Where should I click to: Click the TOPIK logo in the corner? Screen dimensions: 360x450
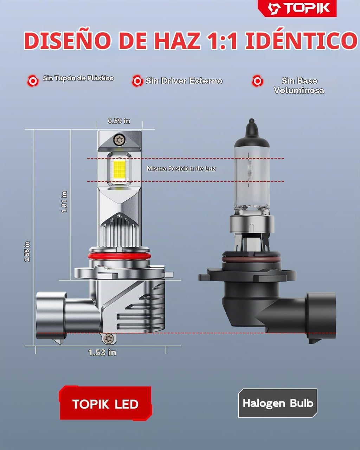(x=297, y=8)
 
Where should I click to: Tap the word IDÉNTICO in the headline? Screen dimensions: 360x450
(x=301, y=40)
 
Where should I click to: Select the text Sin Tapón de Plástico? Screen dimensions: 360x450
(x=78, y=78)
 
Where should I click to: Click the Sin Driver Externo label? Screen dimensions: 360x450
(x=184, y=81)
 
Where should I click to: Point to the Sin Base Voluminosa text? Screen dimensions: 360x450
(x=299, y=85)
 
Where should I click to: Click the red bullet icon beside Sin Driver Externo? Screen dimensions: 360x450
(x=137, y=81)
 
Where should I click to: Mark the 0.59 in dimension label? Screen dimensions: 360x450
(x=119, y=121)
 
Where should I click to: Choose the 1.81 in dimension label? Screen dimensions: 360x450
(x=64, y=202)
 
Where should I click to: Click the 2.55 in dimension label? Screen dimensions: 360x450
(x=27, y=251)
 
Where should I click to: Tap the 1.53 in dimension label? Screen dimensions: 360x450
(x=102, y=352)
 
